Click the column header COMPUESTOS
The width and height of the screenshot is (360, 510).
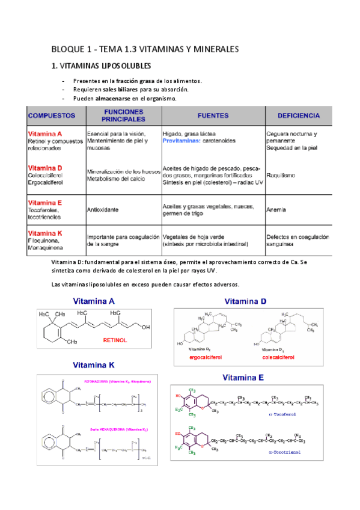(51, 114)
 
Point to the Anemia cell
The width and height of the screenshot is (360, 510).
(276, 210)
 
